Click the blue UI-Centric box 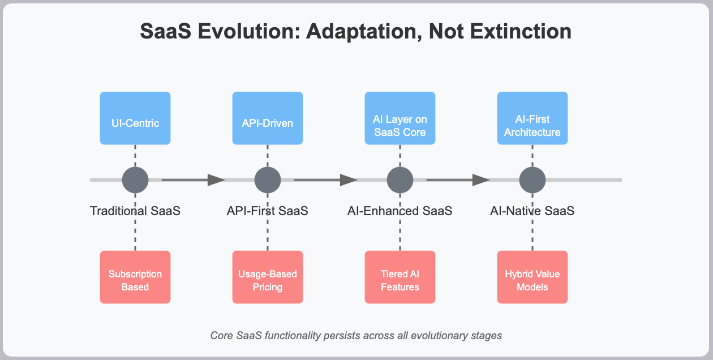coord(135,118)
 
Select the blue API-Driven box coord(268,118)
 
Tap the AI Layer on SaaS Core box coord(400,118)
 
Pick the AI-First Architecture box coord(532,118)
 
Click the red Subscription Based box coord(135,277)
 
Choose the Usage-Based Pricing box coord(268,277)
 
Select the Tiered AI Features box coord(400,277)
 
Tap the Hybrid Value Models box coord(532,277)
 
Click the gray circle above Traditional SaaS coord(135,180)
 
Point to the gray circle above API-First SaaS coord(268,180)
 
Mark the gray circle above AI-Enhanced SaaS coord(400,180)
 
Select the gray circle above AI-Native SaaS coord(532,180)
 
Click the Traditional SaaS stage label coord(135,211)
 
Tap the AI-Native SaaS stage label coord(532,211)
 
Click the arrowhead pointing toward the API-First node coord(216,180)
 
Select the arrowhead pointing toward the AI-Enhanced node coord(349,180)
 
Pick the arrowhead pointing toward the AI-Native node coord(481,180)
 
